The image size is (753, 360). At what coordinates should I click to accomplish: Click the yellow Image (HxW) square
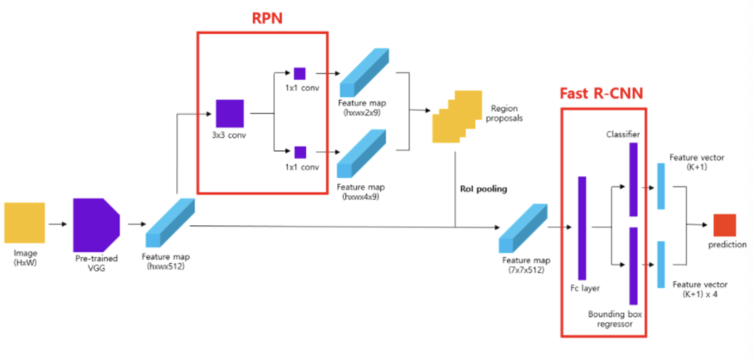[24, 222]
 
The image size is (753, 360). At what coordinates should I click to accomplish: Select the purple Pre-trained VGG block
[96, 225]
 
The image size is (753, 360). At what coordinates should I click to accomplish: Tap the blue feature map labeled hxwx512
[170, 224]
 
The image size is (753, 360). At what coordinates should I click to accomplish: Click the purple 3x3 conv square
[230, 113]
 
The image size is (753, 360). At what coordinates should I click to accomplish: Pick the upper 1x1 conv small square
[300, 73]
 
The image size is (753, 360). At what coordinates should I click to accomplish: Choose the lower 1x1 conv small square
[300, 152]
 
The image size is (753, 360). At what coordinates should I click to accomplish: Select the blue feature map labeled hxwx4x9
[361, 154]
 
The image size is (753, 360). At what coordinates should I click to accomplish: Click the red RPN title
[267, 18]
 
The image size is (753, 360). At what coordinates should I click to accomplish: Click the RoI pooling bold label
[483, 189]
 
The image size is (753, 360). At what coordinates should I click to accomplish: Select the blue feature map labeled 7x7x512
[523, 228]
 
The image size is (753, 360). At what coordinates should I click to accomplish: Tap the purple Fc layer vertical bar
[582, 228]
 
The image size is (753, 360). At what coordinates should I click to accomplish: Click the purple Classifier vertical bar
[633, 180]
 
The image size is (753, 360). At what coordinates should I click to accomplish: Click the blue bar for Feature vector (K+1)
[661, 186]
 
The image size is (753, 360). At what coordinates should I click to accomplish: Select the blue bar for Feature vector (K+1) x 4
[661, 264]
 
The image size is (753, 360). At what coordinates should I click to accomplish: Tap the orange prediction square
[724, 225]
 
